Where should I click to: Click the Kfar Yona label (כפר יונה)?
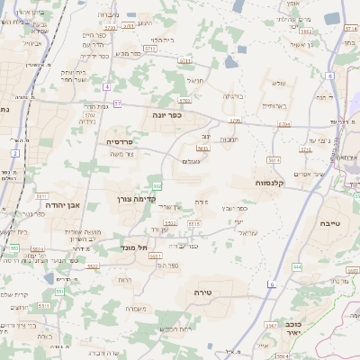coord(167,115)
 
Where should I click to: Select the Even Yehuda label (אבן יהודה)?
coord(62,204)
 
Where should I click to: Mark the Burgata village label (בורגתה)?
coord(233,95)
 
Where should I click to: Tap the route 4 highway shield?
coord(106,86)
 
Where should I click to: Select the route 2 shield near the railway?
coord(15,153)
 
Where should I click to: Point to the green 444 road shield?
coord(297,267)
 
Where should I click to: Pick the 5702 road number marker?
coord(150,48)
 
